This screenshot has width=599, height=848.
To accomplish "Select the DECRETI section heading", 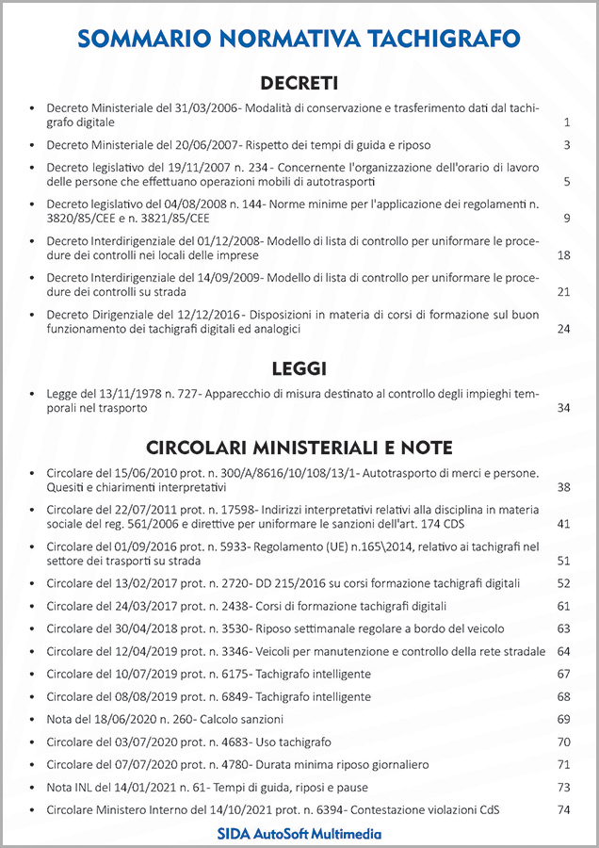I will (x=299, y=82).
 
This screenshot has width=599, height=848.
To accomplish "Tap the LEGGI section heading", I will (x=299, y=368).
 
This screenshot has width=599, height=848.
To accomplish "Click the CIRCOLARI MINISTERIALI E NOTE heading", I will (x=299, y=447).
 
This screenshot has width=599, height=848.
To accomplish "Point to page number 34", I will (x=564, y=408).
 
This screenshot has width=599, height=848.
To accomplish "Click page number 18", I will (x=564, y=255).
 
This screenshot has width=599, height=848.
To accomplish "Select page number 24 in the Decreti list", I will (x=564, y=329).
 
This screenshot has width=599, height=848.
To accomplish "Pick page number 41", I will (x=564, y=524).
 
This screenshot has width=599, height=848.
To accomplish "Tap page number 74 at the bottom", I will (x=564, y=809).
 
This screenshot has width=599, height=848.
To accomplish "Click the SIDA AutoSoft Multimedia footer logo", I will (x=299, y=834).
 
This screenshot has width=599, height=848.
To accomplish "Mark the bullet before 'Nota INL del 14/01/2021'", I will (x=33, y=787).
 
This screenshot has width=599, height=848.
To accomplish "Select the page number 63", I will (x=564, y=628).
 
